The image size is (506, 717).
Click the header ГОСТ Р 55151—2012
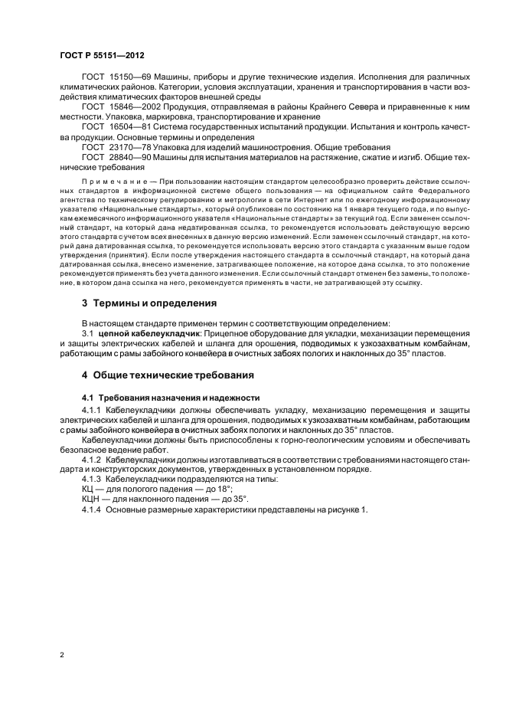tap(102, 55)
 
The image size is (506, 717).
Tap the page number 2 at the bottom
tap(62, 654)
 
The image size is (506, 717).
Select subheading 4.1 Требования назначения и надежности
tap(171, 399)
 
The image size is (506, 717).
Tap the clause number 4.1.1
tap(93, 411)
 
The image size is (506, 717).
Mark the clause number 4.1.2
tap(93, 459)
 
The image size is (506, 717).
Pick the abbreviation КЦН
tap(92, 498)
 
